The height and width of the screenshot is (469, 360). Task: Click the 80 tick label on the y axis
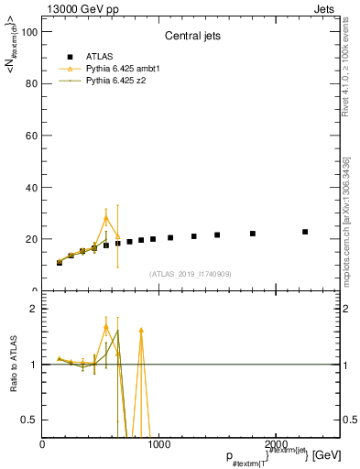[30, 83]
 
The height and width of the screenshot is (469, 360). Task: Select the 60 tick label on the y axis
[30, 136]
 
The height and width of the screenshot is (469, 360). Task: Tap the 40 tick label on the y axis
[30, 188]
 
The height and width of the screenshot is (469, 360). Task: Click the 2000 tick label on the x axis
[274, 444]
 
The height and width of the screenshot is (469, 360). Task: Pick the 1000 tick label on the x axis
[158, 444]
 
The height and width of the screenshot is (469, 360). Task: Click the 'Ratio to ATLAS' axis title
[14, 365]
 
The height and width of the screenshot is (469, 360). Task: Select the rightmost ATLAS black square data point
[305, 232]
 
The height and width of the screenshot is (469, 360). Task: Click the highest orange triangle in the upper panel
[106, 218]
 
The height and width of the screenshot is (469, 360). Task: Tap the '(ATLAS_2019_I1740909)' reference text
[191, 274]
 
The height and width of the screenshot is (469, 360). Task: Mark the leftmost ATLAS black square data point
[60, 262]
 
